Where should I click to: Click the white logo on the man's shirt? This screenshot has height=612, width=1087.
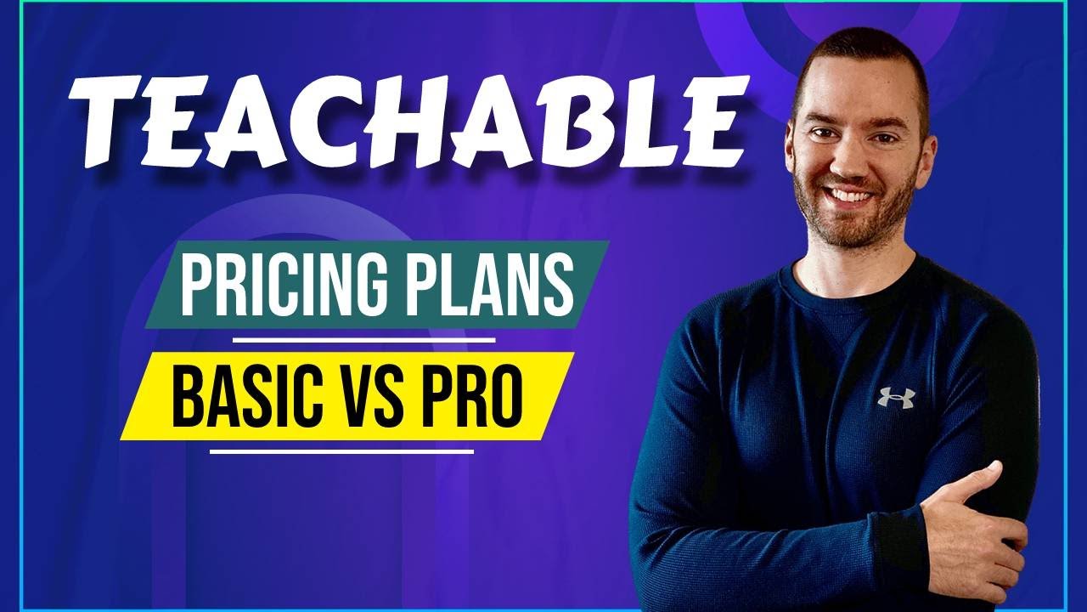point(897,397)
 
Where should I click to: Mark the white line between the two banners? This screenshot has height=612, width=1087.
point(364,340)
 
